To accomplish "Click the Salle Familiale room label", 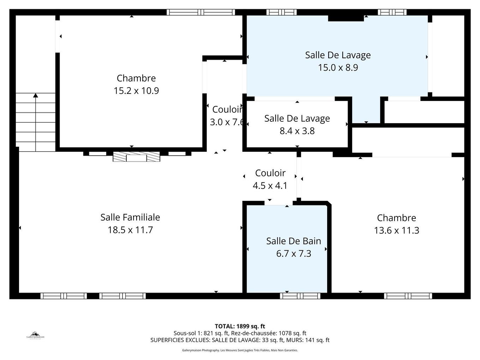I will click(130, 217).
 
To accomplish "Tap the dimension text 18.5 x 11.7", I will click(130, 230).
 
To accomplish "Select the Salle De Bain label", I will click(294, 241).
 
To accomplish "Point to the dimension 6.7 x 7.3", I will click(294, 254).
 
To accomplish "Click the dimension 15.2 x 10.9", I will click(136, 91).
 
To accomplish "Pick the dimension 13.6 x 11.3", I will click(396, 230).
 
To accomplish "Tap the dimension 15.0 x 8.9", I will click(338, 67).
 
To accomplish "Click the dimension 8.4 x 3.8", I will click(297, 131).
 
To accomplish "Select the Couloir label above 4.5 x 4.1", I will click(270, 173).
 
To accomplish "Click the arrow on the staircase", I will click(35, 95).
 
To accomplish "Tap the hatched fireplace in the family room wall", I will click(136, 157).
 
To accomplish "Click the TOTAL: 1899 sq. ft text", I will click(240, 326).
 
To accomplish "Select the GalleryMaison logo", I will click(35, 335).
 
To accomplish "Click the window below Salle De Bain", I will click(300, 296).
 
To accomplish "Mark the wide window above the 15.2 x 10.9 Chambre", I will click(201, 12).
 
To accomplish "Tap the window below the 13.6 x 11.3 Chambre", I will click(408, 296).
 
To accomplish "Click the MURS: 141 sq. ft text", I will click(308, 340).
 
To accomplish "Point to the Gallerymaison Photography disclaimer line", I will click(240, 350).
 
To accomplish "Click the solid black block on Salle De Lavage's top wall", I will click(346, 18).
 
